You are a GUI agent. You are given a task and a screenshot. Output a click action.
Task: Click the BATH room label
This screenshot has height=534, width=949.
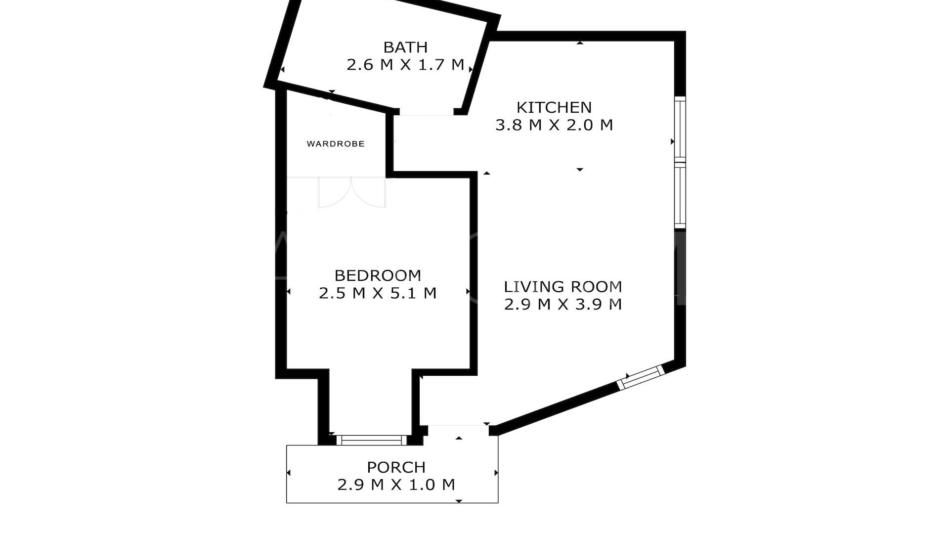point(405,47)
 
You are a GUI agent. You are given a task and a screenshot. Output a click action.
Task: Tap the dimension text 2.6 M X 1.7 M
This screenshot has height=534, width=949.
point(405,65)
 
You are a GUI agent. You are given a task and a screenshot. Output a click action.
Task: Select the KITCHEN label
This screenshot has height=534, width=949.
point(554,107)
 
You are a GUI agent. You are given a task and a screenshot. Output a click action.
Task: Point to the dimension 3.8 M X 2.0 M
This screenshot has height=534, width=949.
point(554,125)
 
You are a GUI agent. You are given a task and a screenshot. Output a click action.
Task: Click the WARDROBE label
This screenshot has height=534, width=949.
point(336,144)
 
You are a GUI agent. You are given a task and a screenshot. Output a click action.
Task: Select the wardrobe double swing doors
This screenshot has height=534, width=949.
point(351,193)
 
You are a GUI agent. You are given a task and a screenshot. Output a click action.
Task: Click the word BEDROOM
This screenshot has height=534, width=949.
point(378,275)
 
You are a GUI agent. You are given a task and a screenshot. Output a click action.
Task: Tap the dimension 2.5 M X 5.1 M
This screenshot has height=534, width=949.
point(378,293)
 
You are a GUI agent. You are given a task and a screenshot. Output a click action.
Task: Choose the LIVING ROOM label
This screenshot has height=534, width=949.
point(562,287)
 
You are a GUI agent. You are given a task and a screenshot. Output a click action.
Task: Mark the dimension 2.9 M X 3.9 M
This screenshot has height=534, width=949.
point(562,304)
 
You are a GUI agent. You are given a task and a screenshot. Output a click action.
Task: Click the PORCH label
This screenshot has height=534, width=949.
point(396,467)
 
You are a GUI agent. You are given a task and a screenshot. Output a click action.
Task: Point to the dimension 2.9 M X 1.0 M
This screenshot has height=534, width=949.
point(396,485)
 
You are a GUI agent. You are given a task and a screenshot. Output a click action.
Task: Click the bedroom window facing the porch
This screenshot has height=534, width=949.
point(371,440)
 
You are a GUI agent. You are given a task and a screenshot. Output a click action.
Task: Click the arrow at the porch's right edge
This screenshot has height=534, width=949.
point(496,473)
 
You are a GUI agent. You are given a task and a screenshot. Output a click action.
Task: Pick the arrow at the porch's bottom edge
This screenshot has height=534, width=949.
point(459,501)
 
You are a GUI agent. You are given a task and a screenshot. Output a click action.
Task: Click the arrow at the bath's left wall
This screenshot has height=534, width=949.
point(282,70)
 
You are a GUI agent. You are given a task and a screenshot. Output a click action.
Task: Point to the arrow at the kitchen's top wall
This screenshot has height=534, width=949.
point(580,44)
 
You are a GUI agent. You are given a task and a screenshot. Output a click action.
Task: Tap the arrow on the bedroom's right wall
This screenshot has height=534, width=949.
point(468,292)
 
